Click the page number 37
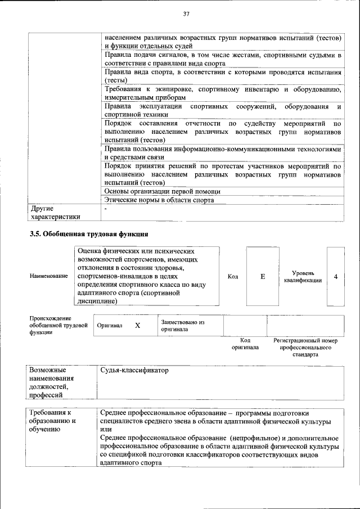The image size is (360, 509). click(186, 14)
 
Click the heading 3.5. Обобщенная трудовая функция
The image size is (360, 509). click(89, 233)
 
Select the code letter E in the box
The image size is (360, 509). click(262, 277)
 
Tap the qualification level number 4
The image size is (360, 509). click(336, 277)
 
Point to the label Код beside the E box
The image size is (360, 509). click(233, 277)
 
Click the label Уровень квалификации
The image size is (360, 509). click(303, 277)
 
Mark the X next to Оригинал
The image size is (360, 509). click(137, 326)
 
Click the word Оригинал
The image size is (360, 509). click(110, 326)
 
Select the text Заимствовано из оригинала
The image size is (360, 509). click(182, 326)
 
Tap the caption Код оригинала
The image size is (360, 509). click(245, 344)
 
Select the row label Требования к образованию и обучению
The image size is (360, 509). click(53, 421)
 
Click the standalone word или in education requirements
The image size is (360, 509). click(105, 429)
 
